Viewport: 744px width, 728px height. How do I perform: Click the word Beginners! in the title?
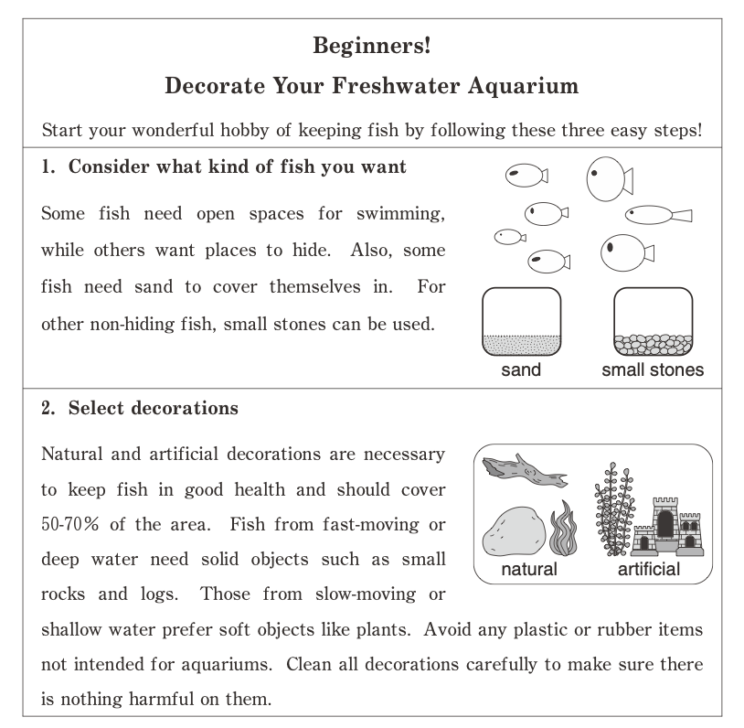(371, 45)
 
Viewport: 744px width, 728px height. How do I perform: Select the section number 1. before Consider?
(50, 168)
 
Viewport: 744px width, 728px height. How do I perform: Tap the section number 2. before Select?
(50, 409)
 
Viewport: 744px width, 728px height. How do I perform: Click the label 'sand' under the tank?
(521, 370)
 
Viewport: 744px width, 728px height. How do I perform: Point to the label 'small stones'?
(653, 370)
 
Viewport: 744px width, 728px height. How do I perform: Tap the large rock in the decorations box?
(514, 533)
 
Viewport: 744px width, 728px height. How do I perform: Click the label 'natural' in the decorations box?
(529, 570)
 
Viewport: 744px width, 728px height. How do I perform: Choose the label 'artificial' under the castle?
(649, 570)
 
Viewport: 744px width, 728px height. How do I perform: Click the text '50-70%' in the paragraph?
(70, 525)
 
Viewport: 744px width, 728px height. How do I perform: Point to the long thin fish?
(657, 215)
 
